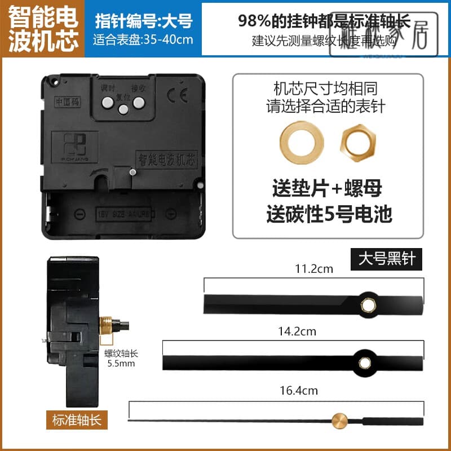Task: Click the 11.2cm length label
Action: pos(314,269)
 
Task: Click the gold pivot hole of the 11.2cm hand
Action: pos(369,304)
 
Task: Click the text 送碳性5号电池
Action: pos(329,213)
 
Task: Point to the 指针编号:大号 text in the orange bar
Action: pos(143,21)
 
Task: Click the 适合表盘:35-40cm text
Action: pos(143,40)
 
